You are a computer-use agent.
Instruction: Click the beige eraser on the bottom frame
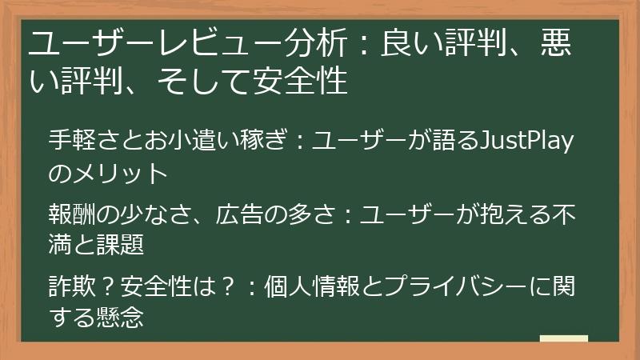click(563, 339)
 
